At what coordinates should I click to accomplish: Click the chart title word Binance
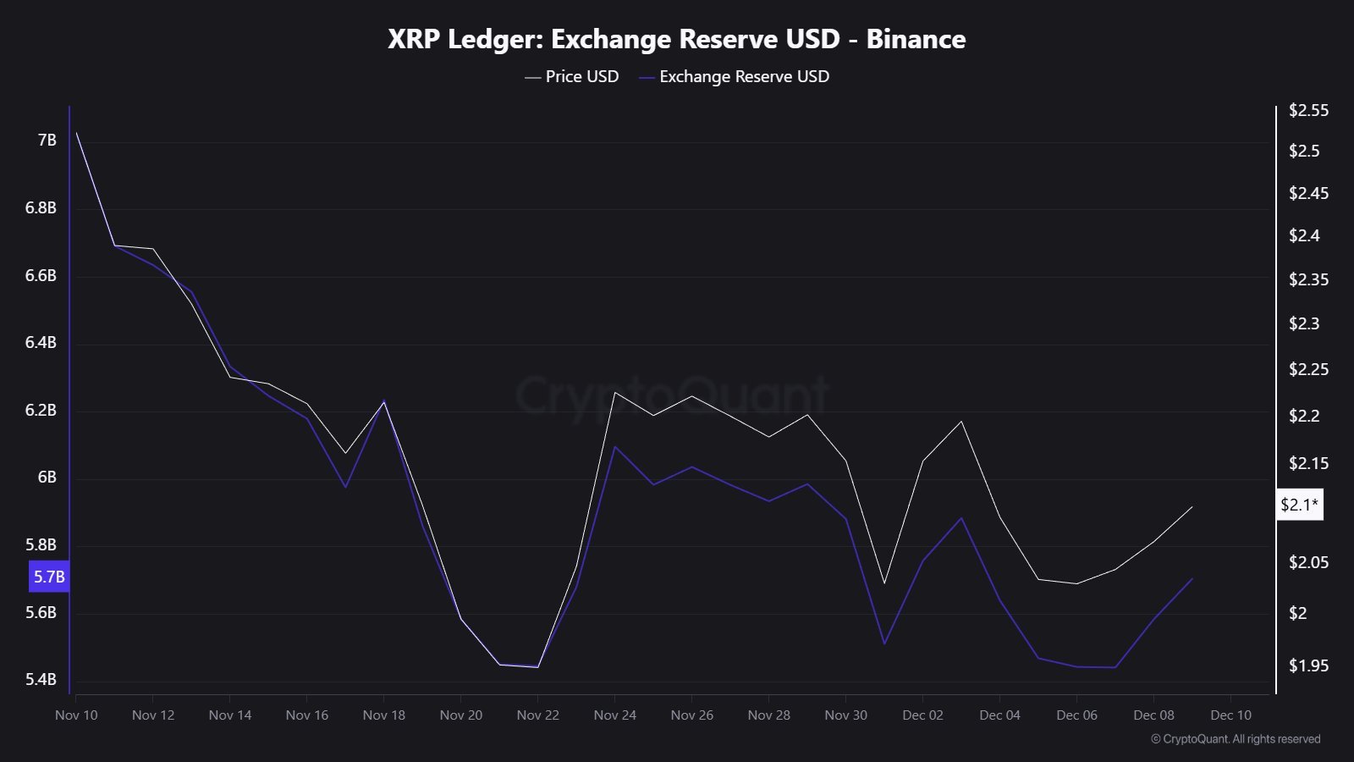coord(916,39)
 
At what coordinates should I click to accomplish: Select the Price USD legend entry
coord(572,76)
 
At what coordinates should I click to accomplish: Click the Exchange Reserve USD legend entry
coord(735,76)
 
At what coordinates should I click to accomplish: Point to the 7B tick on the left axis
coord(47,140)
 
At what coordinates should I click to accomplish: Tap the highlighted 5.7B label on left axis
coord(49,577)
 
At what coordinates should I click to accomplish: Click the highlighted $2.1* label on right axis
coord(1299,505)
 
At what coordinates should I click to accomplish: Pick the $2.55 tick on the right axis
coord(1308,110)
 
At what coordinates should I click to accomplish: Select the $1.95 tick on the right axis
coord(1308,665)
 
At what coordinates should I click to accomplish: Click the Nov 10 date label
coord(76,715)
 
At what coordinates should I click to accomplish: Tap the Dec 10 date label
coord(1230,715)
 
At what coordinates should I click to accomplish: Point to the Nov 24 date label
coord(615,715)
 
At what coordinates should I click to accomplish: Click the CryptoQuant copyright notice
coord(1236,739)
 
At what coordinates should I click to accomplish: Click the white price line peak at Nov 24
coord(615,392)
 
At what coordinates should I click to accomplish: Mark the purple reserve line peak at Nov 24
coord(615,446)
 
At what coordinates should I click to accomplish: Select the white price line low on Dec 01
coord(884,583)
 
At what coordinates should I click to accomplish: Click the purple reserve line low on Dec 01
coord(884,643)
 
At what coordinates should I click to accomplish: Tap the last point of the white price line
coord(1192,506)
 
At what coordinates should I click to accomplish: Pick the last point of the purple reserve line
coord(1192,578)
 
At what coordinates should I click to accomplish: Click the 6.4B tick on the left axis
coord(41,342)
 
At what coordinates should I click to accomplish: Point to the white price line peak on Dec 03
coord(961,421)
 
